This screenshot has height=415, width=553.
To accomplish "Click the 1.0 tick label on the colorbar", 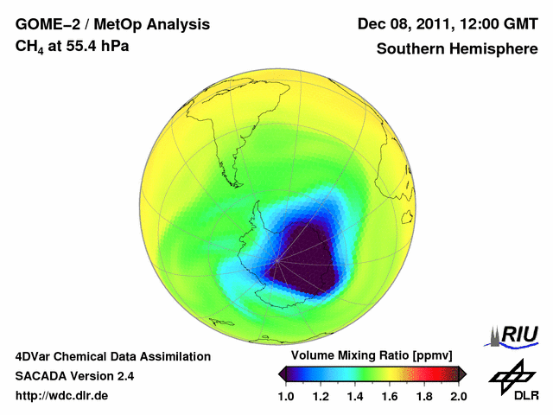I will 287,397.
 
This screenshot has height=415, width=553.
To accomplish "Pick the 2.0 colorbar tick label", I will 459,397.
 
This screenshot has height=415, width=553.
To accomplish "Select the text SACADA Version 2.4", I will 74,376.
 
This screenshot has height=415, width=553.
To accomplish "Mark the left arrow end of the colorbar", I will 283,373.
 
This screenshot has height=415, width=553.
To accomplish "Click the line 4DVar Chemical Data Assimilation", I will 112,356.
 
